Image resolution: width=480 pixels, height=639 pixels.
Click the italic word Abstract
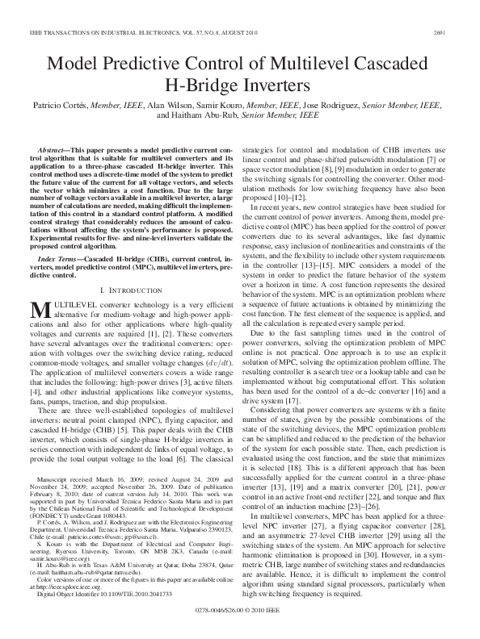[53, 151]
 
